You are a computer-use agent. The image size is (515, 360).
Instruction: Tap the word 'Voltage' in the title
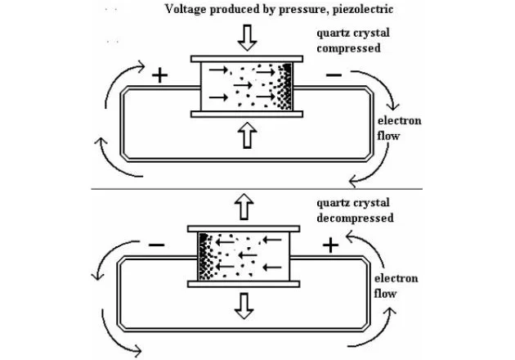click(187, 11)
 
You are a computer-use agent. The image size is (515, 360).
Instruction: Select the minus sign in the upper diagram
click(334, 75)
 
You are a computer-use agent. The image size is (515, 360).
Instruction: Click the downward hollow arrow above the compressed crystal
click(246, 38)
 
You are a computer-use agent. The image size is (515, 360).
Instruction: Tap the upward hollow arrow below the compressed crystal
click(246, 136)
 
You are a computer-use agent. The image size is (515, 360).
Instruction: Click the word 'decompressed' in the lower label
click(355, 218)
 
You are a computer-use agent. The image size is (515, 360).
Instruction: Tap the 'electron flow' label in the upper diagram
click(405, 128)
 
